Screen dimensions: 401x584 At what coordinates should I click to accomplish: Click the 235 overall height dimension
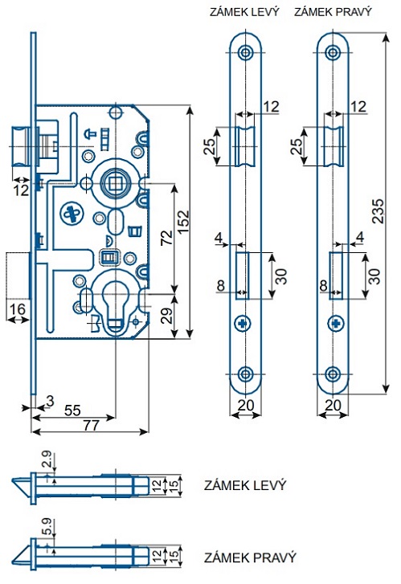pyautogui.click(x=378, y=211)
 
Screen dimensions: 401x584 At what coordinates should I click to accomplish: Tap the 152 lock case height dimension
pyautogui.click(x=183, y=223)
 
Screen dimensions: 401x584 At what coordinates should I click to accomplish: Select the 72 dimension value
pyautogui.click(x=167, y=237)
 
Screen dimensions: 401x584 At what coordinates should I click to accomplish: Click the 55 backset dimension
pyautogui.click(x=72, y=410)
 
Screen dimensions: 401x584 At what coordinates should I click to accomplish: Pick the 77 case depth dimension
pyautogui.click(x=92, y=425)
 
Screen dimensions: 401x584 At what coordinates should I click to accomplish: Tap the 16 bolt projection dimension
pyautogui.click(x=18, y=309)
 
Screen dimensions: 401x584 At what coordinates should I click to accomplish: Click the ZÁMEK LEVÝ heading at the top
pyautogui.click(x=244, y=11)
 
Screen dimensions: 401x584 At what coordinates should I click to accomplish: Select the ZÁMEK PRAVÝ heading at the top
pyautogui.click(x=333, y=11)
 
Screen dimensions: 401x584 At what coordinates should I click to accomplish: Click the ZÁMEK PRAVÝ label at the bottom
pyautogui.click(x=250, y=557)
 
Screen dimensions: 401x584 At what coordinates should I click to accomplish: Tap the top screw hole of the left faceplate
pyautogui.click(x=245, y=52)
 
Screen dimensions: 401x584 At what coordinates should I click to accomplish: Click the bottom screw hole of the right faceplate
pyautogui.click(x=333, y=374)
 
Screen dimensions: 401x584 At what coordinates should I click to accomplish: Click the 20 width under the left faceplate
pyautogui.click(x=246, y=405)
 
